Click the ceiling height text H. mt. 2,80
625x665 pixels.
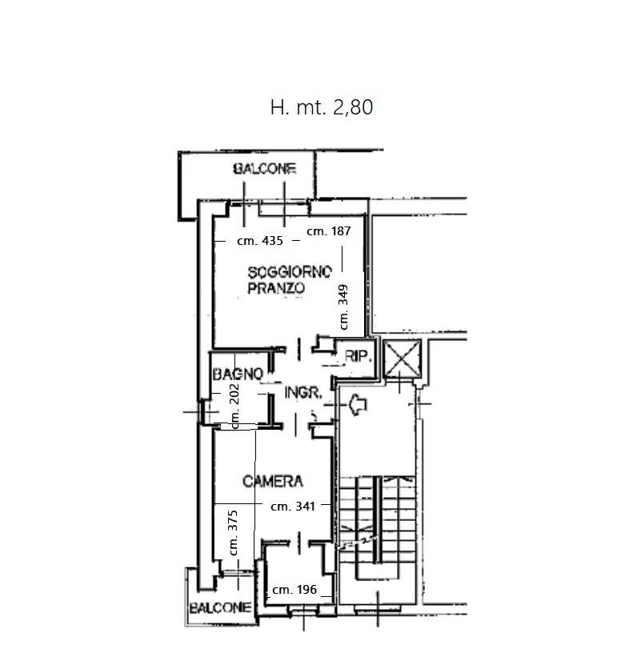pyautogui.click(x=322, y=107)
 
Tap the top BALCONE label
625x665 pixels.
pyautogui.click(x=264, y=169)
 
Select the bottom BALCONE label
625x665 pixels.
pyautogui.click(x=220, y=608)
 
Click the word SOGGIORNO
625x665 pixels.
pyautogui.click(x=290, y=272)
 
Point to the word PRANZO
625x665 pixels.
pyautogui.click(x=276, y=288)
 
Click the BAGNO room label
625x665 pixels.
pyautogui.click(x=238, y=374)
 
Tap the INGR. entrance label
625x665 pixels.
pyautogui.click(x=302, y=393)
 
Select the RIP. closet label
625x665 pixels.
pyautogui.click(x=359, y=356)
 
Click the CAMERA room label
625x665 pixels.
pyautogui.click(x=273, y=481)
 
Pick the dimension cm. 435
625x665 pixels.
pyautogui.click(x=260, y=241)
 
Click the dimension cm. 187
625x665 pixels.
pyautogui.click(x=329, y=231)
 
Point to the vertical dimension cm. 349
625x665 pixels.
pyautogui.click(x=343, y=306)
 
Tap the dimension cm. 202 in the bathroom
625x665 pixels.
pyautogui.click(x=234, y=406)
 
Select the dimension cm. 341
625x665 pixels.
pyautogui.click(x=293, y=507)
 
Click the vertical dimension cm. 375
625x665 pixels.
pyautogui.click(x=233, y=533)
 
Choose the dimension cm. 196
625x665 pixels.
pyautogui.click(x=294, y=590)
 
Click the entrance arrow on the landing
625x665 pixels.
pyautogui.click(x=358, y=404)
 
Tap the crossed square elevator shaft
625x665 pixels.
pyautogui.click(x=402, y=359)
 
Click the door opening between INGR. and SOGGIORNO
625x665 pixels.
pyautogui.click(x=299, y=349)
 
